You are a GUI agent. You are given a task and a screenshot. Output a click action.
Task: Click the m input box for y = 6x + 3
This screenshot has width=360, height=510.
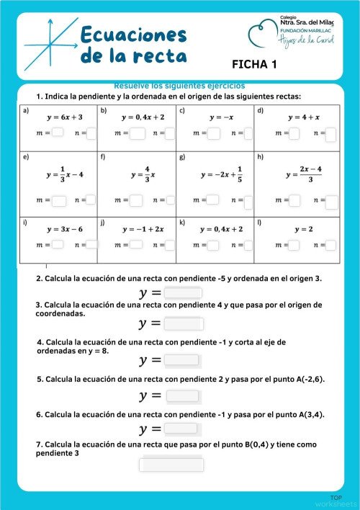pos(58,133)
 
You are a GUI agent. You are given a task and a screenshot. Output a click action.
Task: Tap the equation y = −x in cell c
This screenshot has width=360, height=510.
pos(215,117)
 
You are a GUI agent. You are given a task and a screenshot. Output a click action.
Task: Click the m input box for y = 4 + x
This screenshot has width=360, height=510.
pos(294,133)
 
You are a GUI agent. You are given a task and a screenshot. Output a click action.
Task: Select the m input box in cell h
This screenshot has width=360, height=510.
pos(294,200)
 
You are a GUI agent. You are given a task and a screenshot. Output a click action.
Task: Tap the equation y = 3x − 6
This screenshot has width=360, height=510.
pos(65,228)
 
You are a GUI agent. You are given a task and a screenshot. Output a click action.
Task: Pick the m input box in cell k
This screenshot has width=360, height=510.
pos(214,245)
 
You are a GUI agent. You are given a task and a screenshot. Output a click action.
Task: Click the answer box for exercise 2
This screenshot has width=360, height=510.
pos(182,292)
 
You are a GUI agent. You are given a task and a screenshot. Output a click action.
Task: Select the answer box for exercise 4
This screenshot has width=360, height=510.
pos(181,359)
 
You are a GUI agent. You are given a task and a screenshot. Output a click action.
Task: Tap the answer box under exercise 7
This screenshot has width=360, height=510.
pos(171,464)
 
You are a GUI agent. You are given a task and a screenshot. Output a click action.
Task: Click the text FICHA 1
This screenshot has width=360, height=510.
pos(254,65)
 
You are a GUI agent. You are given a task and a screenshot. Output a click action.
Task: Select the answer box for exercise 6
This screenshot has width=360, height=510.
pos(181,429)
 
